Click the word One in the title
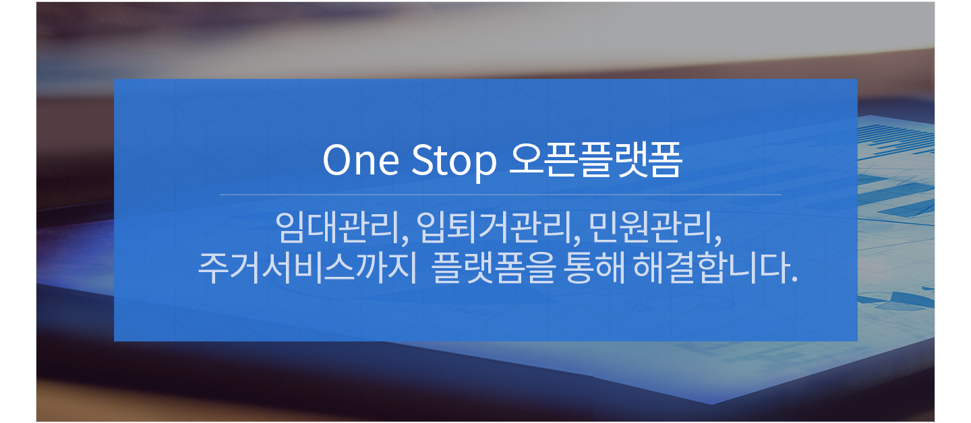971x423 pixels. [x=361, y=160]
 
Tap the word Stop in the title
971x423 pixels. [x=453, y=162]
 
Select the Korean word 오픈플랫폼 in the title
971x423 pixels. [x=595, y=160]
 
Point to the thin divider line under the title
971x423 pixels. [x=500, y=195]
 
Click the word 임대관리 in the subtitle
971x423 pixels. [x=337, y=227]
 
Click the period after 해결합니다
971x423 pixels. [x=794, y=279]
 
